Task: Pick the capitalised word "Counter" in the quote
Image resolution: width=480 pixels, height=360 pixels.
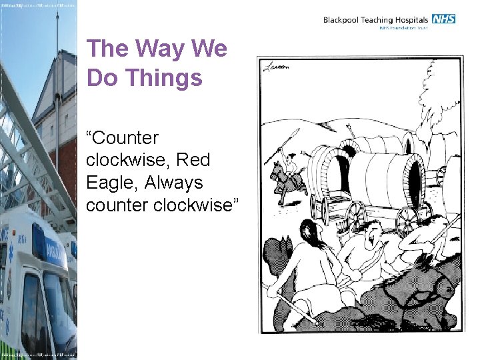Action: [x=123, y=138]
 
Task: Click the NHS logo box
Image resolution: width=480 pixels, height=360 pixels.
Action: [x=443, y=19]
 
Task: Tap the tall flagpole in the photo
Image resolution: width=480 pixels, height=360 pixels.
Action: [x=57, y=100]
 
